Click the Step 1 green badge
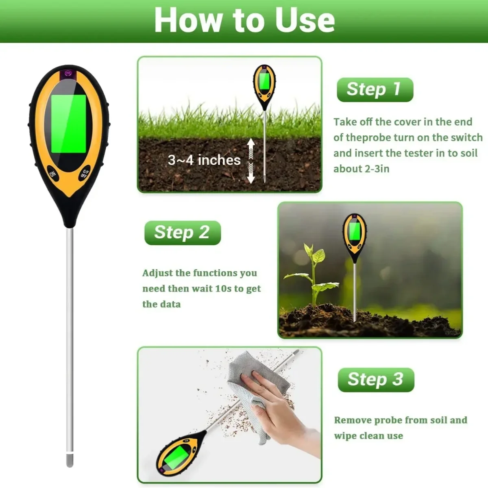(375, 89)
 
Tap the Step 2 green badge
(183, 233)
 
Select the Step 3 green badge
(376, 379)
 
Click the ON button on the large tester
(53, 174)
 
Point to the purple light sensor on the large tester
(68, 74)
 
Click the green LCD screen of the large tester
(69, 124)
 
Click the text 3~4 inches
(204, 160)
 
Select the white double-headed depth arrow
(251, 161)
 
